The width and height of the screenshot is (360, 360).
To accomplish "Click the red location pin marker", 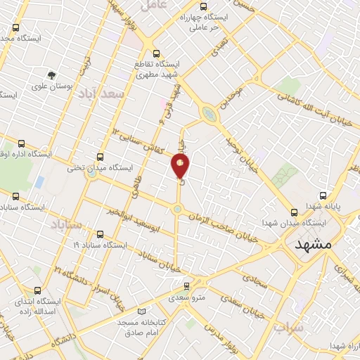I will click(180, 167).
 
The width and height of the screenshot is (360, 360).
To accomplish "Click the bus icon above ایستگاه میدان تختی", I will click(100, 157).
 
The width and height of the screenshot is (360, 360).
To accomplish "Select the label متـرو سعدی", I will click(186, 297).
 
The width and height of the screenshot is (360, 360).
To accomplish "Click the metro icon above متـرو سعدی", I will click(186, 285).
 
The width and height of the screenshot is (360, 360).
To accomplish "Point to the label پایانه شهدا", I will click(325, 207).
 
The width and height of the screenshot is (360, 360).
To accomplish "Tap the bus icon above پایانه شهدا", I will click(323, 195).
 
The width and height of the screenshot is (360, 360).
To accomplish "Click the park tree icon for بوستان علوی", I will click(51, 75).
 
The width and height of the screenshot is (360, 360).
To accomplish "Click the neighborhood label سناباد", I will click(66, 224).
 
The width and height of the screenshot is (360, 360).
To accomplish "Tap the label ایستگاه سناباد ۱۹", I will click(99, 245).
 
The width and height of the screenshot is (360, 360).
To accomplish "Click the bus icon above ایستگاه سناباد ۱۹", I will click(99, 234).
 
